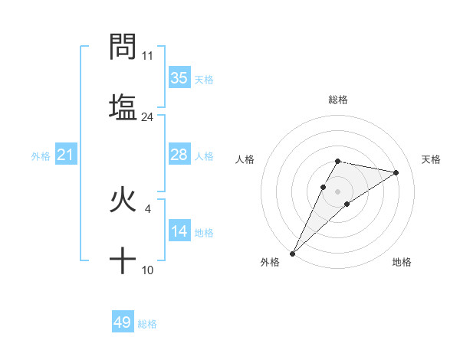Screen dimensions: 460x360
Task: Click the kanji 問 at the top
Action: [123, 47]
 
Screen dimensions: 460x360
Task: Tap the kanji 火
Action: [123, 201]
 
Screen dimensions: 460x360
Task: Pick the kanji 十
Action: [123, 261]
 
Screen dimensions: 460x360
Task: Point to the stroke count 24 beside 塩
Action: [147, 116]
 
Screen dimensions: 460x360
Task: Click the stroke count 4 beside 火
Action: [147, 207]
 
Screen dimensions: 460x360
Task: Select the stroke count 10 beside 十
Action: [147, 270]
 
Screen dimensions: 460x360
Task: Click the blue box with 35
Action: [179, 78]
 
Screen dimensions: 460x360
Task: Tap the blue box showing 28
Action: [179, 155]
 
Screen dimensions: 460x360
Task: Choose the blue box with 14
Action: [179, 231]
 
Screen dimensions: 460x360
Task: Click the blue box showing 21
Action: [66, 155]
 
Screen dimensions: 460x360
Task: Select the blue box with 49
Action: [123, 322]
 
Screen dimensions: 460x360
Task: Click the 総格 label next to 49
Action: [147, 324]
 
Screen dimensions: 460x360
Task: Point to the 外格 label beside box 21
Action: [41, 156]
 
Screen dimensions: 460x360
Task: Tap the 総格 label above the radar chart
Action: [337, 100]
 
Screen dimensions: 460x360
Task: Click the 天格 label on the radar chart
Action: [431, 159]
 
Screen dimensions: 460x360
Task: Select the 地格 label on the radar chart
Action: [402, 262]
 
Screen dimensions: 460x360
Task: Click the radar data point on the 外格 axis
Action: [292, 253]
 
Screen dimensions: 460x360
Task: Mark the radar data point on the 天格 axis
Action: [396, 172]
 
